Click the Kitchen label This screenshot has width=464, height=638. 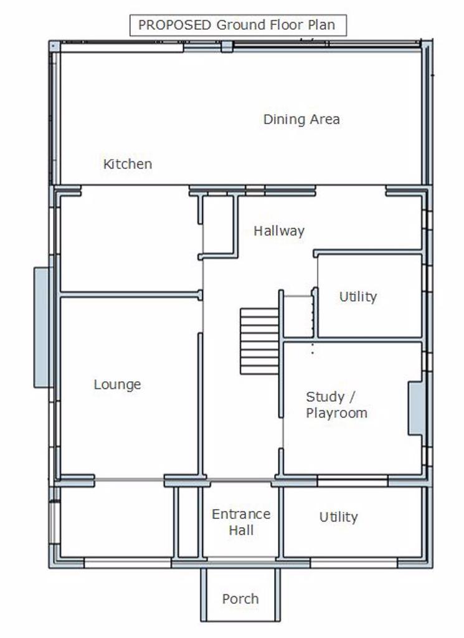pyautogui.click(x=128, y=164)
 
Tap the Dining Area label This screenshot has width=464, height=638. pyautogui.click(x=301, y=119)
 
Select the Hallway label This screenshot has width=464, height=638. pyautogui.click(x=279, y=231)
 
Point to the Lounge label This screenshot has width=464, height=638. pyautogui.click(x=118, y=384)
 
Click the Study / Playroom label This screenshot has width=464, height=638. pyautogui.click(x=337, y=404)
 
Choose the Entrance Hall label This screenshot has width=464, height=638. pyautogui.click(x=241, y=522)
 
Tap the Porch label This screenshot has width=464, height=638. pyautogui.click(x=240, y=599)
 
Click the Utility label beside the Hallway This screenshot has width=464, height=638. pyautogui.click(x=358, y=297)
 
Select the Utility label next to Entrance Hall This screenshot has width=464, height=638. pyautogui.click(x=338, y=517)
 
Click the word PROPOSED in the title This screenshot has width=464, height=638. pyautogui.click(x=174, y=25)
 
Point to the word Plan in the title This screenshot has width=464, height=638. pyautogui.click(x=321, y=25)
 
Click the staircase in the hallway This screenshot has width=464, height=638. pyautogui.click(x=260, y=341)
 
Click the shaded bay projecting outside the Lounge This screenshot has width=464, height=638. pyautogui.click(x=42, y=327)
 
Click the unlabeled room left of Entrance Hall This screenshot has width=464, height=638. pyautogui.click(x=116, y=522)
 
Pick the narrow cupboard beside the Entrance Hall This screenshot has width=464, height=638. pyautogui.click(x=188, y=522)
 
